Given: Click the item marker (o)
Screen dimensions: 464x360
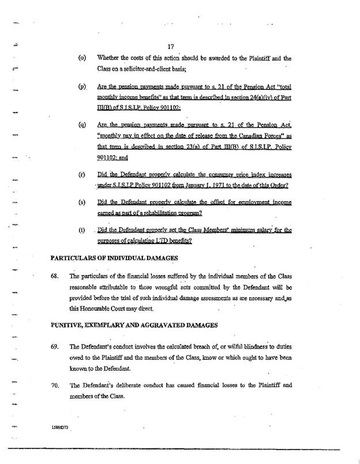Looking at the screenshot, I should point(82,58).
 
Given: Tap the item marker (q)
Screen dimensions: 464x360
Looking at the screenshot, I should point(82,124).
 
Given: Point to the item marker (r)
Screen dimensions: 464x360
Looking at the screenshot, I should point(82,174).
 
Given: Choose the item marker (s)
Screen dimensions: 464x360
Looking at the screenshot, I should point(82,203).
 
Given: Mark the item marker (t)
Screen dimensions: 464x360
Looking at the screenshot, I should point(82,230).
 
